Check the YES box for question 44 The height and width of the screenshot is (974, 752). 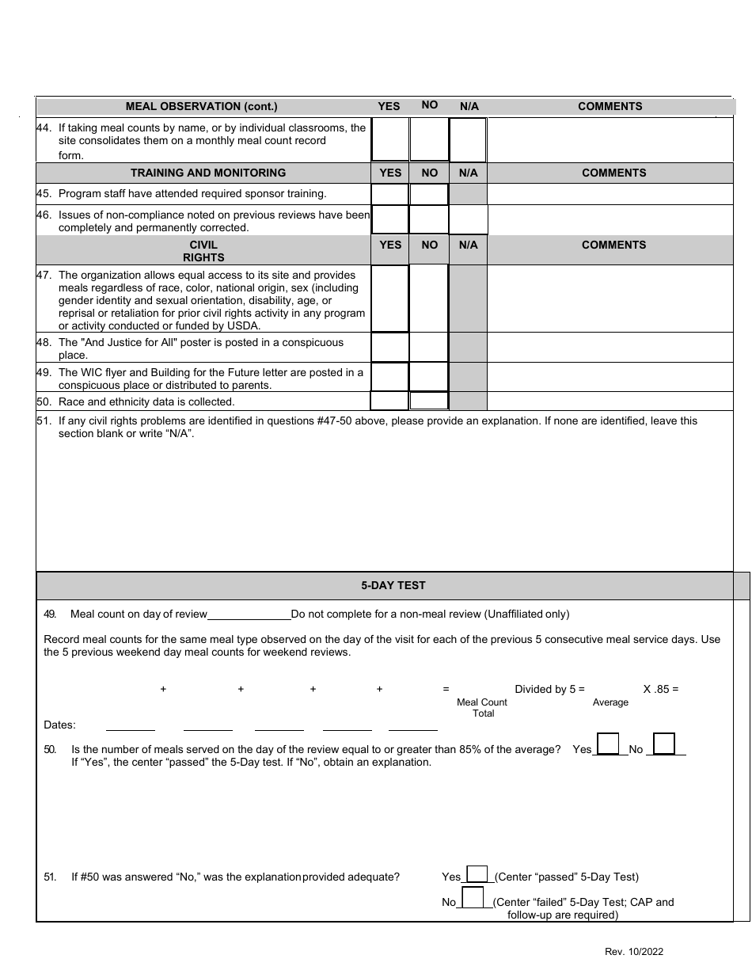(390, 140)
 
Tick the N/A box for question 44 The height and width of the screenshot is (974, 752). (468, 140)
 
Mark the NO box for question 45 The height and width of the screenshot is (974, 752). (429, 194)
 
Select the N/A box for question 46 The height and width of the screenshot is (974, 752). (469, 220)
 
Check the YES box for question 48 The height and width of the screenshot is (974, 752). (390, 348)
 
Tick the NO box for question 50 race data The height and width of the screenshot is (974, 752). (429, 401)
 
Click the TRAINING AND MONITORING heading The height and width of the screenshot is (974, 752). (208, 173)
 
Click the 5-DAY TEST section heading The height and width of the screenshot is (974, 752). (393, 585)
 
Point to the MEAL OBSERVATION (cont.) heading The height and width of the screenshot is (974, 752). (202, 106)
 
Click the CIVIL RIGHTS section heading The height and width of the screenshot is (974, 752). (203, 251)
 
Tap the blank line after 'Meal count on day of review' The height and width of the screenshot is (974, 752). (249, 614)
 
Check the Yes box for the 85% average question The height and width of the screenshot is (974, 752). (608, 744)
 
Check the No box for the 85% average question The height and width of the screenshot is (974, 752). (664, 744)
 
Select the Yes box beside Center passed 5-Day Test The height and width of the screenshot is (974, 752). (477, 873)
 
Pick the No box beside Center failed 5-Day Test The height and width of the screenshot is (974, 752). (473, 898)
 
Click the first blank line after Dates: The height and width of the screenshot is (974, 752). (131, 725)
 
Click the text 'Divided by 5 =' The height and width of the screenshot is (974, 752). (549, 689)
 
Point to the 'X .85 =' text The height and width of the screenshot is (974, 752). (661, 689)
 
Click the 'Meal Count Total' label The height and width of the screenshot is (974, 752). (482, 708)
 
